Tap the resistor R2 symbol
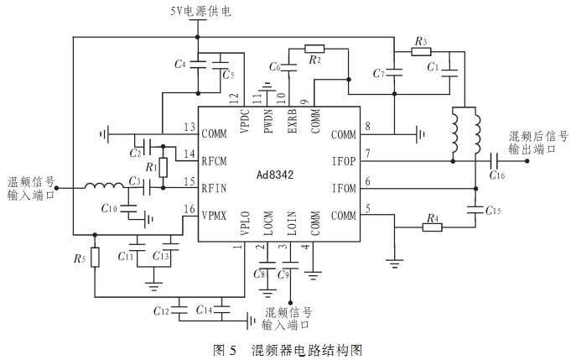(314, 48)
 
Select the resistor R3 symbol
(421, 52)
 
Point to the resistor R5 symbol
(95, 256)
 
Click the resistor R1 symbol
(164, 168)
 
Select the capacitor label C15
(493, 211)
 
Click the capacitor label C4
(179, 64)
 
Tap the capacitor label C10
(109, 207)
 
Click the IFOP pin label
(344, 160)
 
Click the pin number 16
(189, 209)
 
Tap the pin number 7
(366, 154)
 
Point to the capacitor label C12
(162, 311)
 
